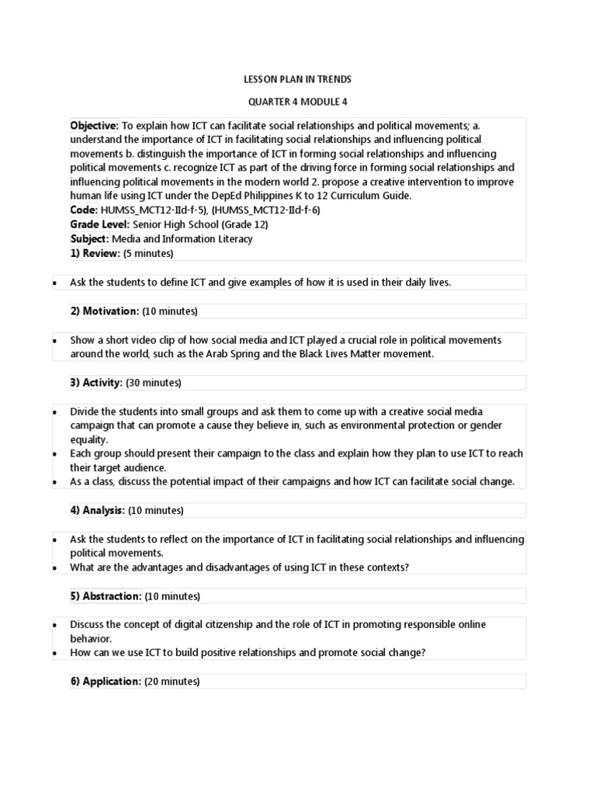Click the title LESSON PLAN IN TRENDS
coord(297,79)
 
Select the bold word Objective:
coord(95,125)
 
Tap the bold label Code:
coord(84,210)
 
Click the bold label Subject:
coord(89,239)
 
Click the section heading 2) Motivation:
coord(105,311)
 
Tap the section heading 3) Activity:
coord(97,383)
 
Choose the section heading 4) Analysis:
coord(98,510)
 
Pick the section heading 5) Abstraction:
coord(106,596)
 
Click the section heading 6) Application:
coord(106,682)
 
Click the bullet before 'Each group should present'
coord(54,453)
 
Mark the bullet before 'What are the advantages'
coord(54,568)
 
